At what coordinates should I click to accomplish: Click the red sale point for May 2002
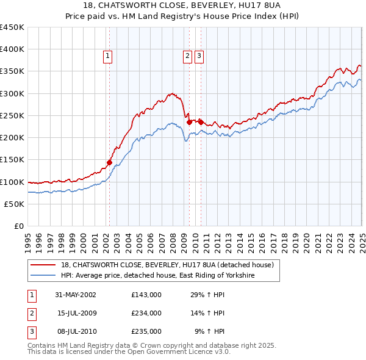[x=109, y=162]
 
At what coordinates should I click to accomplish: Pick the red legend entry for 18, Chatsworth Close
[x=171, y=265]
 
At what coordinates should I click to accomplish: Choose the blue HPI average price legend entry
[x=157, y=276]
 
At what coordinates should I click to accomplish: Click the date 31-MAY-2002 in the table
[x=76, y=295]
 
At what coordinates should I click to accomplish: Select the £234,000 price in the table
[x=146, y=313]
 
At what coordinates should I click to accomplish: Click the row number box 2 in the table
[x=30, y=313]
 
